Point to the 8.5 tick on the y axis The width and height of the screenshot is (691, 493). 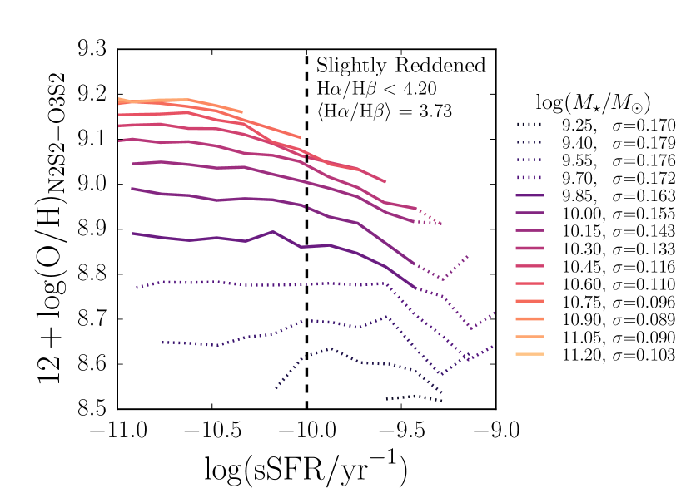tap(117, 409)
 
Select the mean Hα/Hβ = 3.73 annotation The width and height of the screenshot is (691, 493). tap(384, 110)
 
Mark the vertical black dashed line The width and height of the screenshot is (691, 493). tap(306, 249)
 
